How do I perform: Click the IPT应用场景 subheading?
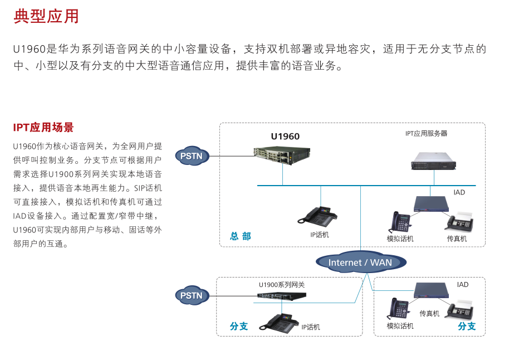point(43,128)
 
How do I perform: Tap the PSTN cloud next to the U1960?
point(192,156)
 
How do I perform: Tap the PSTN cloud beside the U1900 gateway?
point(192,295)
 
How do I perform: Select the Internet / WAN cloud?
point(360,262)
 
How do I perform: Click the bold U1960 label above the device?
point(285,137)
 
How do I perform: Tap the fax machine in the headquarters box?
point(459,222)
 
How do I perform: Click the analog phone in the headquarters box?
point(400,222)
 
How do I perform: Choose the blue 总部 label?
point(241,236)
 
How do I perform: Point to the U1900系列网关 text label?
point(282,285)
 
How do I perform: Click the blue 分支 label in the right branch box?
point(467,326)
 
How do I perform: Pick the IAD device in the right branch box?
point(432,289)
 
